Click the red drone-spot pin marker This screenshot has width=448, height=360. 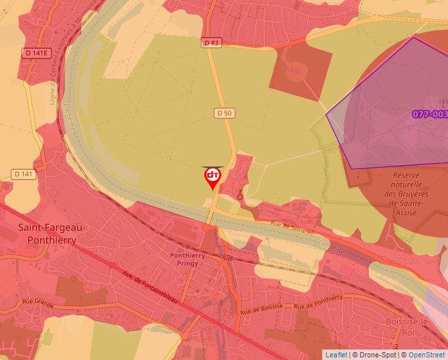point(212,176)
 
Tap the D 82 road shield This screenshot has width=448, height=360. point(211,43)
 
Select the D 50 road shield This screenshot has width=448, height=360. point(225,113)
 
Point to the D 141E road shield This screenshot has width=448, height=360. point(37,53)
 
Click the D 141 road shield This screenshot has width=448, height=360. point(24,174)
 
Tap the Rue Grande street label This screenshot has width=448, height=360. point(37,302)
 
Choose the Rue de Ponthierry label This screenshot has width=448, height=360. point(318,302)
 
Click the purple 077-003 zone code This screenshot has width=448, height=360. point(430,114)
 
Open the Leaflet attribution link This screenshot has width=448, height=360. point(338,355)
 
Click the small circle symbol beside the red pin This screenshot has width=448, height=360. point(240,196)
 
